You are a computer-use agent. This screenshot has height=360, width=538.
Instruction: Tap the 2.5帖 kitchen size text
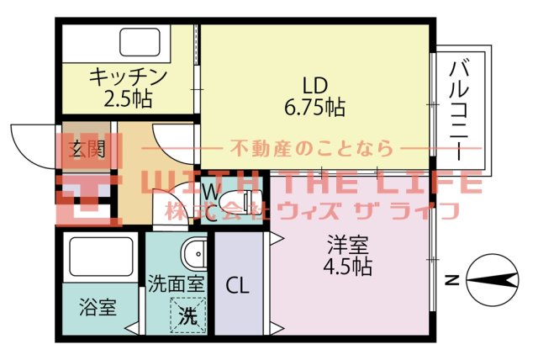tap(129, 98)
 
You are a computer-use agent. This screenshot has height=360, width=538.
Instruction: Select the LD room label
tap(314, 86)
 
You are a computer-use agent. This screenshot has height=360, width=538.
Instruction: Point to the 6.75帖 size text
tap(315, 107)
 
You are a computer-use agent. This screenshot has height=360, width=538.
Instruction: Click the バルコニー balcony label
tap(459, 109)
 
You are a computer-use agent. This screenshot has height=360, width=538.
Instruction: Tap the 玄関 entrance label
tap(86, 151)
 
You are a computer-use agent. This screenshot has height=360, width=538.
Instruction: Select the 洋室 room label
tap(347, 246)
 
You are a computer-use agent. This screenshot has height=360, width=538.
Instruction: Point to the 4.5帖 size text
tap(347, 267)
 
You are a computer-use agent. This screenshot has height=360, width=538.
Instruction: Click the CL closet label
tap(238, 284)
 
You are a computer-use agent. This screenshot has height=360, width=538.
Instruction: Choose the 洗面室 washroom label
tap(176, 283)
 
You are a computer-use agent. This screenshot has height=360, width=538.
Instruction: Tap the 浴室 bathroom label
tap(98, 306)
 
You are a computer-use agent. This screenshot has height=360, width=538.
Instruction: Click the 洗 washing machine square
tap(189, 315)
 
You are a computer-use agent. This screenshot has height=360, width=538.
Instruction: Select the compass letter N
tap(451, 281)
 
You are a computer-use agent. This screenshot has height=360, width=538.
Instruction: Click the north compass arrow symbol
tap(491, 281)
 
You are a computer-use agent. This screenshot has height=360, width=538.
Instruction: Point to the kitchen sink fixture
tap(145, 41)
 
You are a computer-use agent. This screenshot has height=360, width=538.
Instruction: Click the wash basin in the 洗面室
tap(195, 252)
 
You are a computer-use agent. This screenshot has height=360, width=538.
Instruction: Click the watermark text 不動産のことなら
tap(311, 150)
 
